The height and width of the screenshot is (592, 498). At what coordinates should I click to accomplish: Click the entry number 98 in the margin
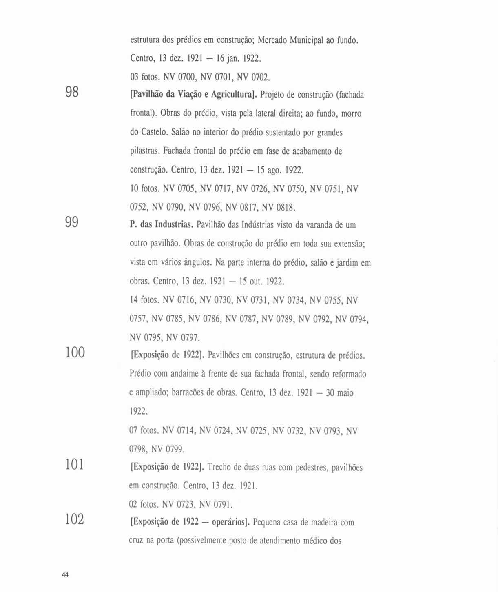pyautogui.click(x=72, y=92)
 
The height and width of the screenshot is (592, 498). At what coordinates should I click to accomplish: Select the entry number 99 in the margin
pyautogui.click(x=72, y=222)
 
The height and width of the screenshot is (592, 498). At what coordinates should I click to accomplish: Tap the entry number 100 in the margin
pyautogui.click(x=75, y=352)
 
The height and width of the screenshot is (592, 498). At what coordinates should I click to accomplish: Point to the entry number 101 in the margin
pyautogui.click(x=75, y=464)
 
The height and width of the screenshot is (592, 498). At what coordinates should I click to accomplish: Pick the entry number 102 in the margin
pyautogui.click(x=75, y=519)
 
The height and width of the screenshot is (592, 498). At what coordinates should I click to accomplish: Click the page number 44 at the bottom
pyautogui.click(x=65, y=575)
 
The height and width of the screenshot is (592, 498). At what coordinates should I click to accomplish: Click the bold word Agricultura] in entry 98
pyautogui.click(x=233, y=95)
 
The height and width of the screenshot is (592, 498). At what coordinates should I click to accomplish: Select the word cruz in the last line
pyautogui.click(x=136, y=541)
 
